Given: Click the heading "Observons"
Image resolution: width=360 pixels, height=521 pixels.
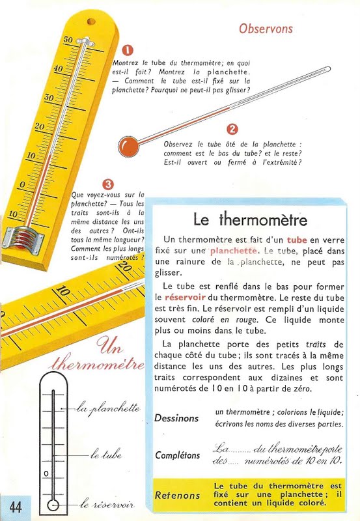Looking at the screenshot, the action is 266,29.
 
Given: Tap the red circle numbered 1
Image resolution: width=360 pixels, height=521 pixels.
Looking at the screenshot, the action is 128,50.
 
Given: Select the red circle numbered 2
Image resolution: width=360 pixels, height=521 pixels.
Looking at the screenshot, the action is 232,130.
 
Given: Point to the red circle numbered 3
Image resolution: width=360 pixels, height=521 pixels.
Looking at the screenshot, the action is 109,184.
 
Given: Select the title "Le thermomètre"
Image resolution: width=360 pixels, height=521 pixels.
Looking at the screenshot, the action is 251,219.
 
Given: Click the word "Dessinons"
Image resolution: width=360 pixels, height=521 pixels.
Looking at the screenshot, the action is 176,418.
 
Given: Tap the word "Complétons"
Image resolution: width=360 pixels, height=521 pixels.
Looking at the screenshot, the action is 178,455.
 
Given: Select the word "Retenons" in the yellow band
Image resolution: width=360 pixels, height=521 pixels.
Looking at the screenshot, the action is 177,496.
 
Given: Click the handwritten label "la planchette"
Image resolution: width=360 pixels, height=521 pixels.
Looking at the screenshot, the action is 108,409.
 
